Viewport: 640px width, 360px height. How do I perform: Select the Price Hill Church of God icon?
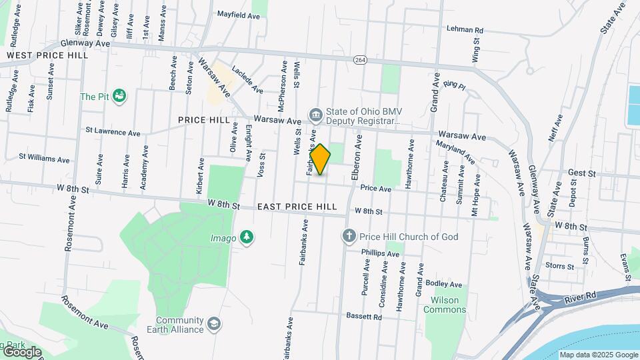click(348, 236)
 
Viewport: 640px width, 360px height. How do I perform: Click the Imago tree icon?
click(247, 237)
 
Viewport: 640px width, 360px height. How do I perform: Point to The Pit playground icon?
click(120, 97)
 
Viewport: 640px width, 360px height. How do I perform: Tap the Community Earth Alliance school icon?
click(214, 324)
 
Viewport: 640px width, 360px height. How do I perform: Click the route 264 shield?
click(360, 60)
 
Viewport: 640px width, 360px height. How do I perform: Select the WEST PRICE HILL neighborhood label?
click(47, 55)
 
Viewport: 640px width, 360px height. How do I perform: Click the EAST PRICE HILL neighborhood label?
click(298, 207)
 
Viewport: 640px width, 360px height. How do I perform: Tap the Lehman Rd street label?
click(465, 29)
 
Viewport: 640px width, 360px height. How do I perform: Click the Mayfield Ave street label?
click(238, 13)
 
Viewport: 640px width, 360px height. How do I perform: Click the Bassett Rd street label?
click(363, 317)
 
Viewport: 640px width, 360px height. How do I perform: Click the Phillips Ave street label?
click(379, 253)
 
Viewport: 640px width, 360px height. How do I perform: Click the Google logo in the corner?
click(21, 351)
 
